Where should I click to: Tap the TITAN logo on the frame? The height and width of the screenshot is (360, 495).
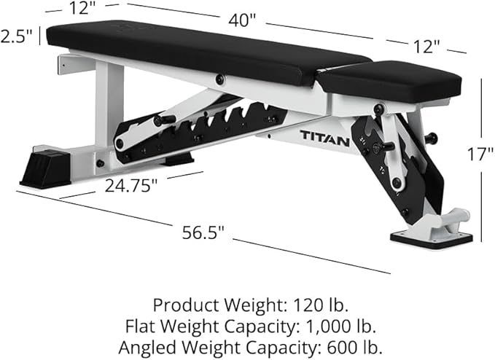tap(324, 135)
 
